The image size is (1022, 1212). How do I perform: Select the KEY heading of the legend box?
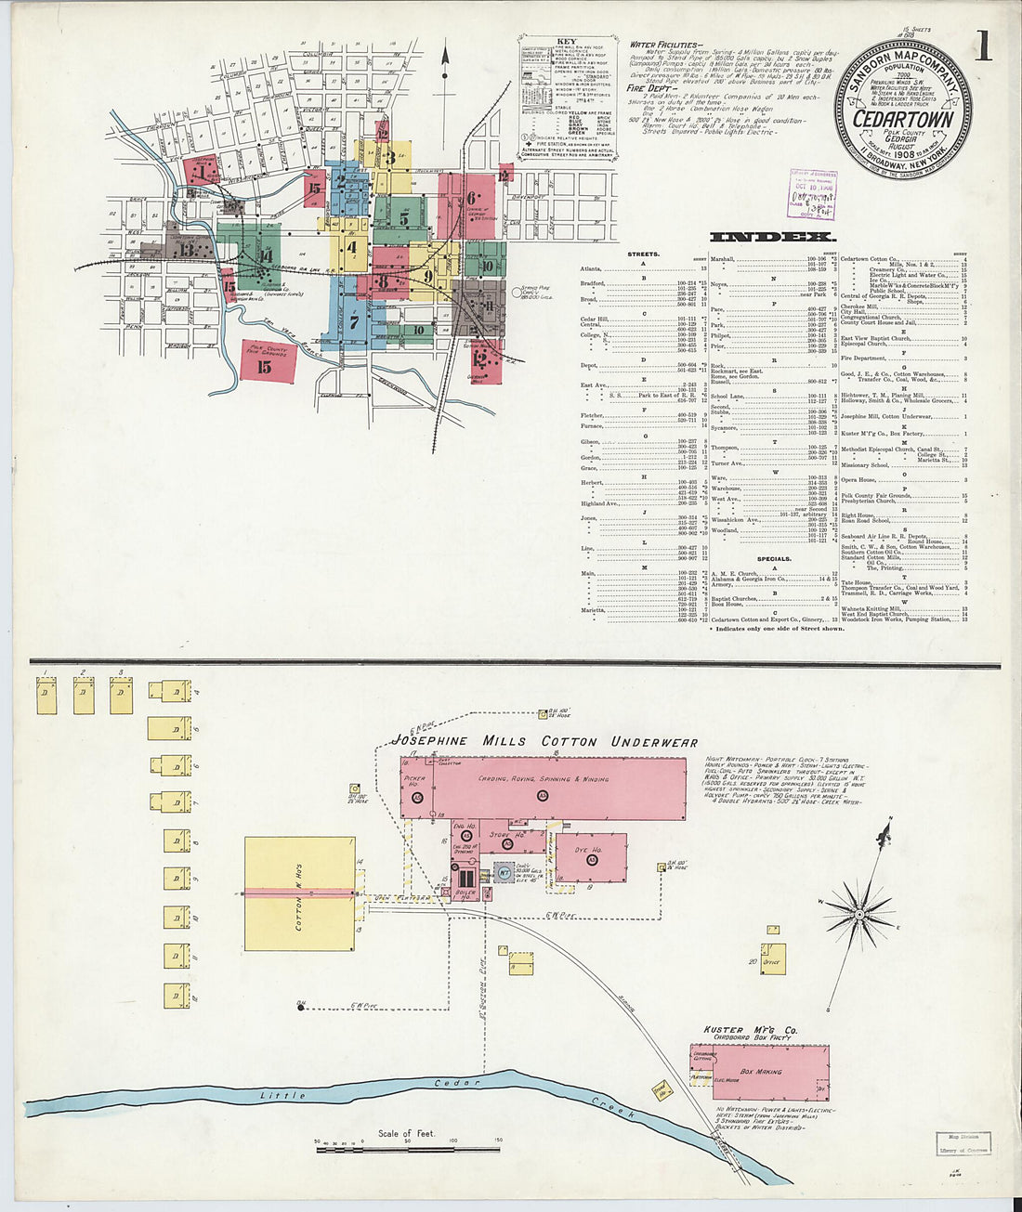[566, 42]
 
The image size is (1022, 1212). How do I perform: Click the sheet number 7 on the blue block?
[354, 323]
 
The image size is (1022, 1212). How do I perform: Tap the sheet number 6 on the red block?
[471, 197]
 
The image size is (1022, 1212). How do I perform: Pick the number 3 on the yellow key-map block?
[391, 157]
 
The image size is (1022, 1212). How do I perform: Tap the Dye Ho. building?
[592, 855]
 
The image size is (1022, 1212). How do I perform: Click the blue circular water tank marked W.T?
[503, 872]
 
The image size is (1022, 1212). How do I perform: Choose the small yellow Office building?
[770, 959]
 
